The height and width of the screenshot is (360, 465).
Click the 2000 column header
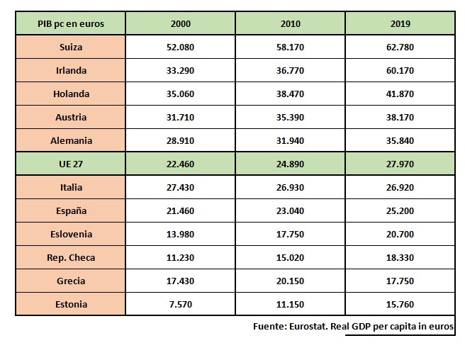tap(181, 24)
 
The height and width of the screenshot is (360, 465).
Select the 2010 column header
tap(290, 24)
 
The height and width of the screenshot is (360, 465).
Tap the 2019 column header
tap(400, 24)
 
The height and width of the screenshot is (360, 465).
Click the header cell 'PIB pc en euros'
tap(71, 24)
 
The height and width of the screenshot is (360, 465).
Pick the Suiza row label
tap(71, 47)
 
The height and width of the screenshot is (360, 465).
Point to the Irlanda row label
tap(71, 71)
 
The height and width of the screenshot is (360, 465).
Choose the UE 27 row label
tap(71, 164)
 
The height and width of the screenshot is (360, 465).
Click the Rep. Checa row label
tap(71, 258)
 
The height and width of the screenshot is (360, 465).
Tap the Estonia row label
tap(71, 305)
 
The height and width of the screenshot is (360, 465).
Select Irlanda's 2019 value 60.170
tap(400, 71)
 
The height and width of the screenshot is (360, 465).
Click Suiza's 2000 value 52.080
tap(181, 47)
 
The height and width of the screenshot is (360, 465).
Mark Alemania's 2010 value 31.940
tap(290, 141)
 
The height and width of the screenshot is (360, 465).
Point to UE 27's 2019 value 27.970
tap(400, 164)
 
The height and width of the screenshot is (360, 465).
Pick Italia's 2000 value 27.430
tap(181, 188)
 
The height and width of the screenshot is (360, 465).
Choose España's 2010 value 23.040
tap(290, 211)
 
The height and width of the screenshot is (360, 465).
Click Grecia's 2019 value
tap(400, 281)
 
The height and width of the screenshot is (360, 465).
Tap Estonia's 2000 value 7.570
tap(181, 305)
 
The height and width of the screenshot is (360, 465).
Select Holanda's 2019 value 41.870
tap(400, 94)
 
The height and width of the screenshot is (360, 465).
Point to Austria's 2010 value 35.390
tap(290, 118)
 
